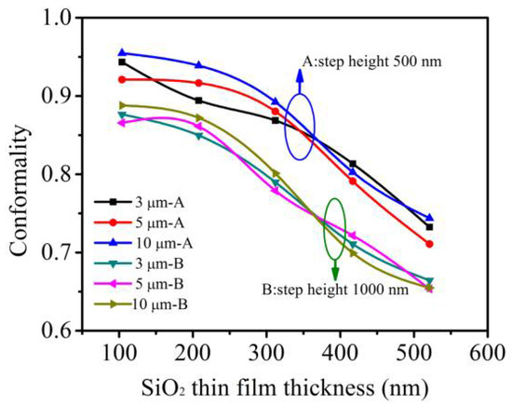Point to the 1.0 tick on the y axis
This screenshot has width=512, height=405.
click(x=61, y=18)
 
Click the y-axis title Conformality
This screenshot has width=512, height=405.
click(x=18, y=174)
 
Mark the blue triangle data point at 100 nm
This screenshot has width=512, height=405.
click(x=97, y=53)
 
